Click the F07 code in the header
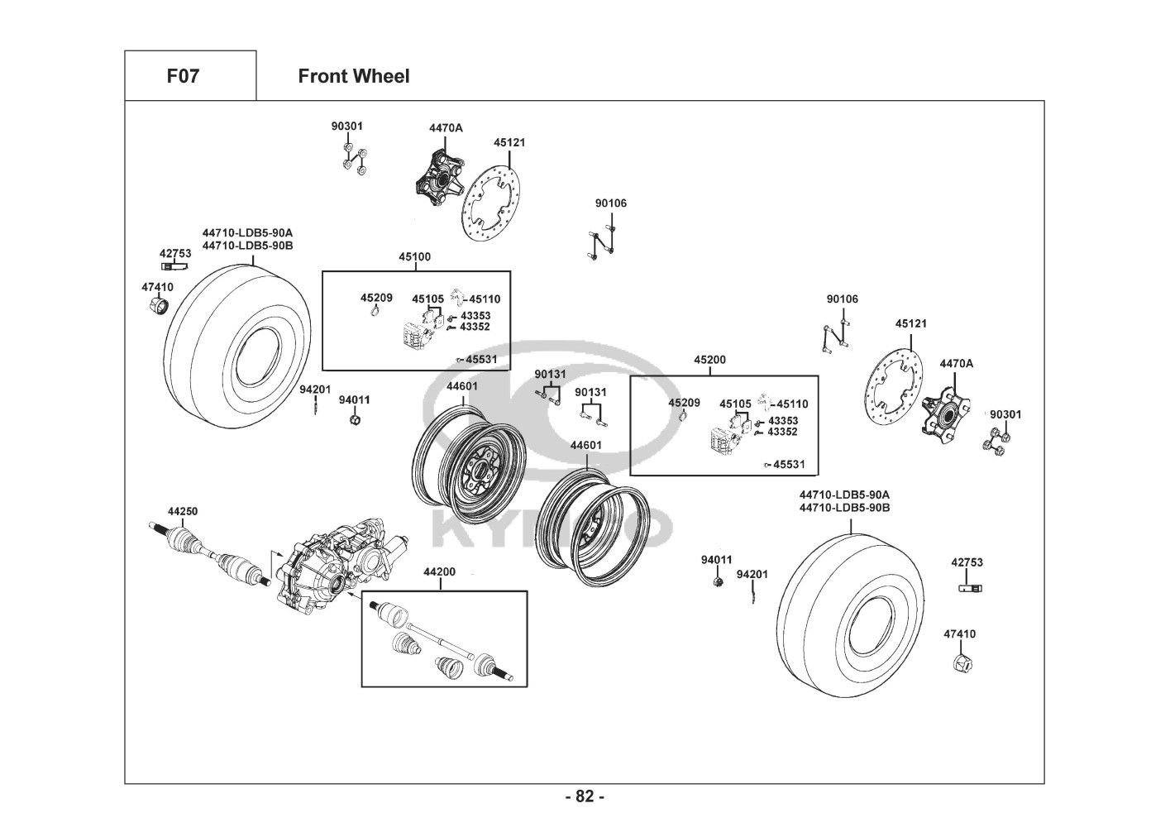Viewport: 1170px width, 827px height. (183, 76)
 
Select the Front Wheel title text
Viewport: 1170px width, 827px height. (353, 76)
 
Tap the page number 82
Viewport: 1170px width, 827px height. (585, 796)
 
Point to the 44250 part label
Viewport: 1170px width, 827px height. (183, 512)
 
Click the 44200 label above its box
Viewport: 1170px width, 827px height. (439, 571)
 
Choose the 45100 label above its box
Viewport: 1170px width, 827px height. (414, 257)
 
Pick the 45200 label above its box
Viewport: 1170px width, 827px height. (709, 360)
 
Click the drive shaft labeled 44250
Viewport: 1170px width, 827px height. (207, 554)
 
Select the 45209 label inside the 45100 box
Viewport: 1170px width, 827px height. (376, 297)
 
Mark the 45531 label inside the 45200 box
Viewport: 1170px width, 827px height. (789, 465)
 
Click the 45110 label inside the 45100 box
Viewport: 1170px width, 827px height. (485, 299)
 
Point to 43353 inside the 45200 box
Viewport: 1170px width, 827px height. (782, 420)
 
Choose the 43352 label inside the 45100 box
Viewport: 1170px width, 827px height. (475, 327)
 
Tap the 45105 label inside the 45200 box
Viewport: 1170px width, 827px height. (735, 404)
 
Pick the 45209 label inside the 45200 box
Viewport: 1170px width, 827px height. (684, 403)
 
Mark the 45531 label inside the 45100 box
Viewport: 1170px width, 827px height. (481, 360)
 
